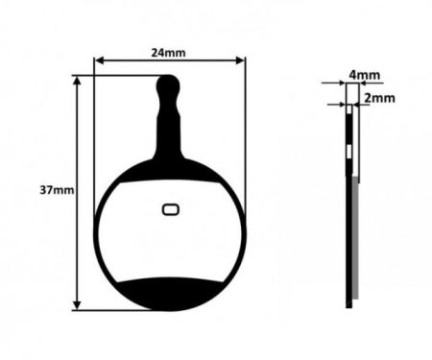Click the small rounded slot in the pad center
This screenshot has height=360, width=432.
click(170, 208)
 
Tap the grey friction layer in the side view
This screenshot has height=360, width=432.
click(355, 240)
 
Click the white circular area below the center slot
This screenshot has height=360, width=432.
click(170, 245)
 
